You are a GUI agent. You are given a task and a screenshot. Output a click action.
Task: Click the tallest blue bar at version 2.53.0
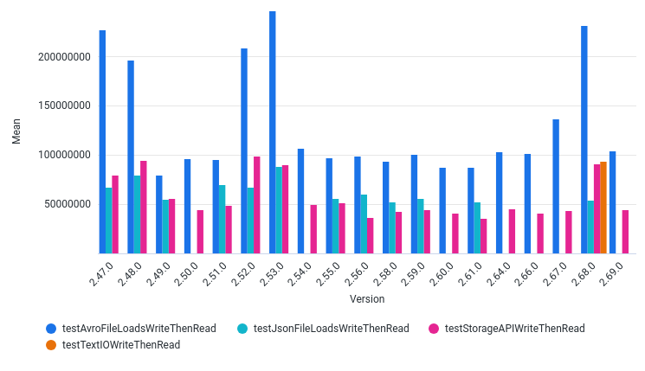pyautogui.click(x=273, y=132)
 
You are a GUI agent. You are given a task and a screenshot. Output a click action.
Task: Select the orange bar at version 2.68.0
pyautogui.click(x=603, y=208)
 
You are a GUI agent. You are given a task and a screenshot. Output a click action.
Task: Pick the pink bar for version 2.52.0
pyautogui.click(x=257, y=205)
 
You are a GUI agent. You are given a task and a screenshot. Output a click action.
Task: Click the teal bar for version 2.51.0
pyautogui.click(x=223, y=219)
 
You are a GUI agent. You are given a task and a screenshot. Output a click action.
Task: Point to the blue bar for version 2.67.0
pyautogui.click(x=556, y=186)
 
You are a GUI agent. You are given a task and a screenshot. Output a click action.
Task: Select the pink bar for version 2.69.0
pyautogui.click(x=625, y=232)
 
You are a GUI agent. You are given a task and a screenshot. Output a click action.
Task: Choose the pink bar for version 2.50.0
pyautogui.click(x=200, y=232)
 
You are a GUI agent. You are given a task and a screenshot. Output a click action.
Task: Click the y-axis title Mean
pyautogui.click(x=16, y=131)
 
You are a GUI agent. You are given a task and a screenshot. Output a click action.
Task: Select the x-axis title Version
pyautogui.click(x=367, y=299)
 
